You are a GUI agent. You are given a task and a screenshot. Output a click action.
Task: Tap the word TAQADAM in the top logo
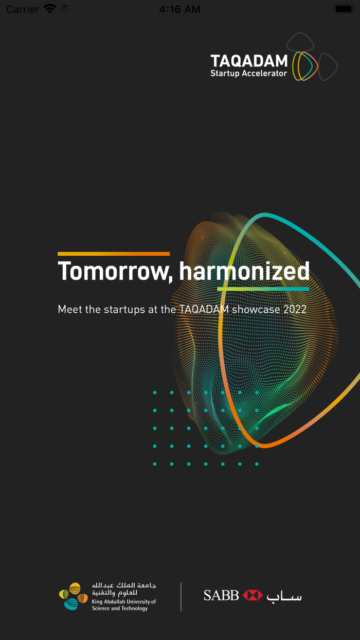(x=249, y=61)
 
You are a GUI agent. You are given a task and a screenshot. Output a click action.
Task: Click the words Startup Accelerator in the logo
(x=248, y=74)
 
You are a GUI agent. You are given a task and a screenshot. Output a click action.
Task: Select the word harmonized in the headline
(x=244, y=271)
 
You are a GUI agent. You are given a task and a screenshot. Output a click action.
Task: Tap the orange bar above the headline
(x=114, y=254)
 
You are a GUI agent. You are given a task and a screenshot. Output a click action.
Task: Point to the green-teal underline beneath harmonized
(x=263, y=289)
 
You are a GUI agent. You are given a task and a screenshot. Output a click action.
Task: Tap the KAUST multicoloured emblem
(x=73, y=596)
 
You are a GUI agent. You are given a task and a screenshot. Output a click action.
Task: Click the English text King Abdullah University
(x=124, y=601)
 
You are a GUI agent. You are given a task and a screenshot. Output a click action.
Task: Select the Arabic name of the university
(x=124, y=589)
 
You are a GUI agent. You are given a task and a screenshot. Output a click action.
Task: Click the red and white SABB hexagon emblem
(x=253, y=595)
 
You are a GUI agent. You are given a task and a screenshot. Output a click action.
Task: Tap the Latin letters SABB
(x=221, y=595)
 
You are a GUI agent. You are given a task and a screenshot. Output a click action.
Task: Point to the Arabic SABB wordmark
(x=284, y=596)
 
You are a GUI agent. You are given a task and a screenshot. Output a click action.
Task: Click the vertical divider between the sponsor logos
(x=181, y=597)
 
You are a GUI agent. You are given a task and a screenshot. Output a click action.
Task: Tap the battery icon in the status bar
(x=344, y=9)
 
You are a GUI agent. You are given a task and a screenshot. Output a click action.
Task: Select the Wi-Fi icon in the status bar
(x=50, y=9)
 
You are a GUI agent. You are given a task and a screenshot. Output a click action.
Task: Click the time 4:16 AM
(x=179, y=9)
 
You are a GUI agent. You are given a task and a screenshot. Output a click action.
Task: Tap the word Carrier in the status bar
(x=23, y=9)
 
